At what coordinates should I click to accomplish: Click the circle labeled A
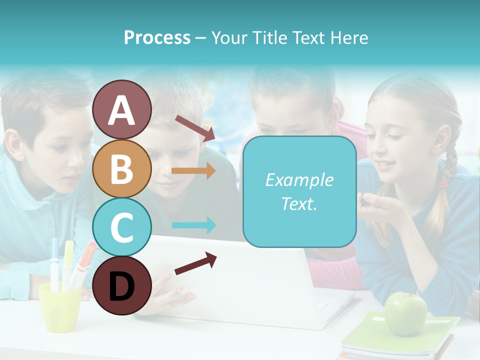pos(121,109)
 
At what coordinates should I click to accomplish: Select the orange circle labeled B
pos(121,168)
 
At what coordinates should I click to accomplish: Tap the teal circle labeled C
pos(121,227)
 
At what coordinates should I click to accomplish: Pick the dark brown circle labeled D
pos(121,285)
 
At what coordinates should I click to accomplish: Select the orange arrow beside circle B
pos(193,171)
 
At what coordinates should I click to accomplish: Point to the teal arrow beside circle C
pos(193,225)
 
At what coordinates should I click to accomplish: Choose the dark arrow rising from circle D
pos(195,263)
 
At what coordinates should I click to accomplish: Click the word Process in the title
pos(157,37)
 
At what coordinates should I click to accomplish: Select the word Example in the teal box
pos(299,180)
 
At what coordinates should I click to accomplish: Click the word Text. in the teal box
pos(299,203)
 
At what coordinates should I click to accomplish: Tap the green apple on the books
pos(405,314)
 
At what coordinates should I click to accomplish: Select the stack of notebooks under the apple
pos(400,340)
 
